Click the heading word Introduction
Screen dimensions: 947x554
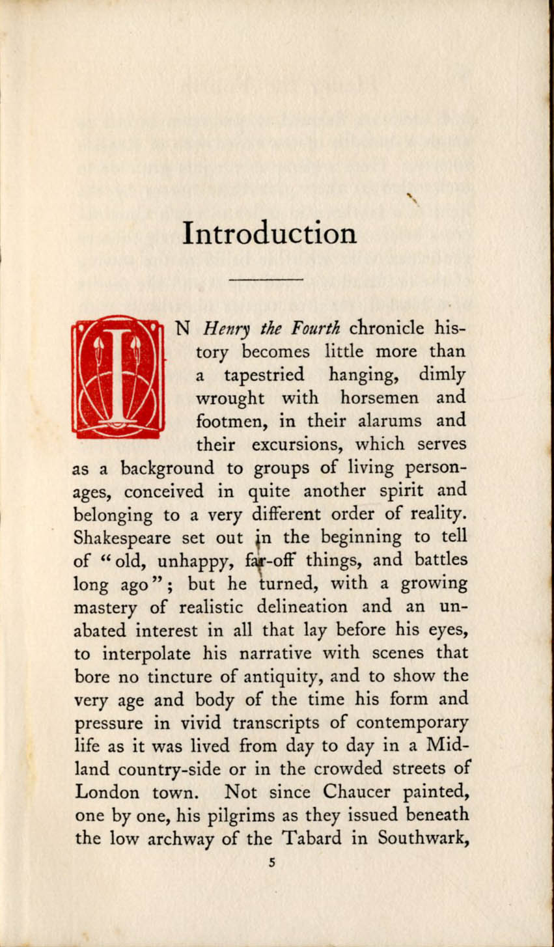270,233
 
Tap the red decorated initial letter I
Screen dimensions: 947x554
118,376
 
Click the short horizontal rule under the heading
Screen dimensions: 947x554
267,279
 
